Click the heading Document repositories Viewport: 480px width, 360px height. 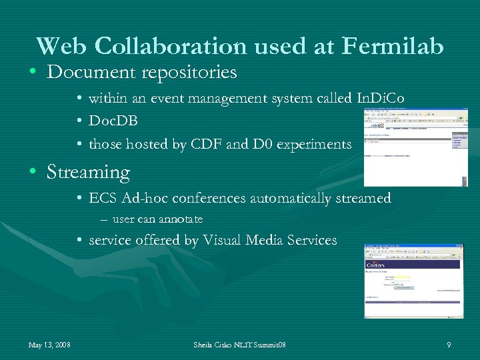142,72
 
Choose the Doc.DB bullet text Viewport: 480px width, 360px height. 113,121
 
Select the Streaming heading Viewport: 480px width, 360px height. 88,172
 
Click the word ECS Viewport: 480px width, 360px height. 103,199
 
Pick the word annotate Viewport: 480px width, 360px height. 181,219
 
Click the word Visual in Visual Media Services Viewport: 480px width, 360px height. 225,240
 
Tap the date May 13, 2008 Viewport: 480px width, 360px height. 50,345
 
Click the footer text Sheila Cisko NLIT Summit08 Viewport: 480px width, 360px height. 239,345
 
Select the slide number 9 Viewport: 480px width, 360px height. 449,345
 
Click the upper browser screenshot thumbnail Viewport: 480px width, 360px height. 415,147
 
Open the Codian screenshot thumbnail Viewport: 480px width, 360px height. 413,281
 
